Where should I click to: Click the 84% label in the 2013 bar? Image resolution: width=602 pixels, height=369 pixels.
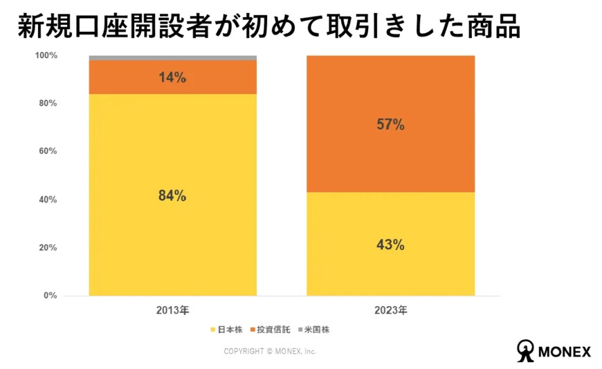(x=172, y=196)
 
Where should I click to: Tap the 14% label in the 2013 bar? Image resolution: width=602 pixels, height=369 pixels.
(x=172, y=77)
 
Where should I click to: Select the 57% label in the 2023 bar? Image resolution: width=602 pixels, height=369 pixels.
(x=390, y=125)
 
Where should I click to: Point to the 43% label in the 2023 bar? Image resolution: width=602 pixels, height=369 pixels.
(x=390, y=245)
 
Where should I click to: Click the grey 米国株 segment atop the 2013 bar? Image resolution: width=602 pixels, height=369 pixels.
(x=172, y=57)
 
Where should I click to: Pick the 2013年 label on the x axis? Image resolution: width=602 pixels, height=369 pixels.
(x=172, y=310)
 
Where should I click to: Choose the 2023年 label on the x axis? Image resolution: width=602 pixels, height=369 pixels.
(x=391, y=310)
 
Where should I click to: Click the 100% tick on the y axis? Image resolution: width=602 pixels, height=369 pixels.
(x=46, y=55)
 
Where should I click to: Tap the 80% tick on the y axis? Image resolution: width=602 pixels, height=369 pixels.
(x=48, y=104)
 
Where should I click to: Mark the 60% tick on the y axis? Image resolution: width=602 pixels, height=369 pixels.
(x=48, y=151)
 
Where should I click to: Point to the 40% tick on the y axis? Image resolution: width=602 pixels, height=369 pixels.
(x=48, y=200)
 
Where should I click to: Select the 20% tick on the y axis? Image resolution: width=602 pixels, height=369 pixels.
(x=48, y=248)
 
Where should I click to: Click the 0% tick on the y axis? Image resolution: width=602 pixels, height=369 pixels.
(x=50, y=296)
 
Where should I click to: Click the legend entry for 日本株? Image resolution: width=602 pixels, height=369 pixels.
(x=226, y=330)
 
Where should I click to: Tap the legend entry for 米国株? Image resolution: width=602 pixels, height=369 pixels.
(x=315, y=330)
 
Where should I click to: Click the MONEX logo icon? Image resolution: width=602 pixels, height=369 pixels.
(x=527, y=350)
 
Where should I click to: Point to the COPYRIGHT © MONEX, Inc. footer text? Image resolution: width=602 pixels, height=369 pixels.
(x=270, y=352)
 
